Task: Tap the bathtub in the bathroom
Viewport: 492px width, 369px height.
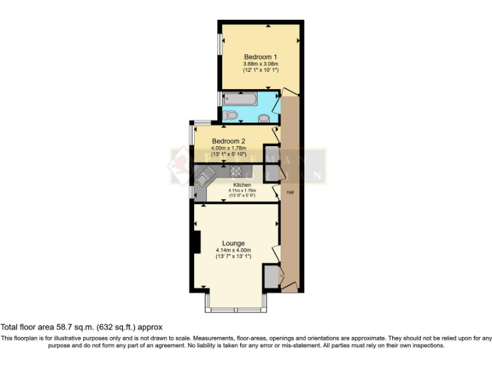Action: tap(241, 99)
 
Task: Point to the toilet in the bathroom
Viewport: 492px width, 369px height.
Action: tap(232, 115)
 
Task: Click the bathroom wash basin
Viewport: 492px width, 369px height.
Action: tap(264, 119)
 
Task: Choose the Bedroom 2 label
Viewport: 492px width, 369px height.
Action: tap(229, 141)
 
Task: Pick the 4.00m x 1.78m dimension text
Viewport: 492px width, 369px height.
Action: tap(229, 149)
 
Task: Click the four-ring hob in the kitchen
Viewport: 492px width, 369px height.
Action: tap(236, 172)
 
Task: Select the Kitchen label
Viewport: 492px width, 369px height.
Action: tap(242, 184)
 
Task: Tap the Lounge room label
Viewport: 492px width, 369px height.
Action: tap(233, 243)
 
